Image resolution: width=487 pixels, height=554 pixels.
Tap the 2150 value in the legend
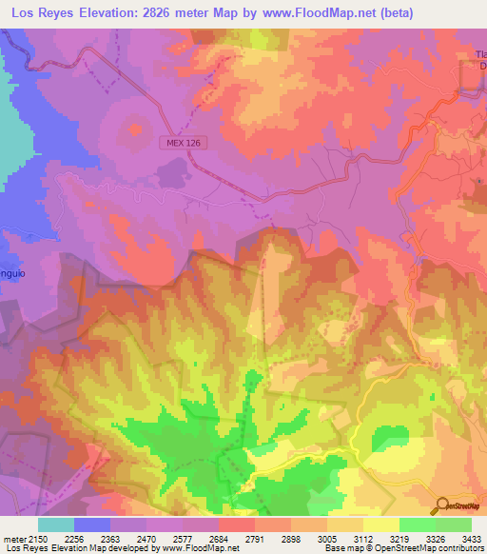click(x=29, y=538)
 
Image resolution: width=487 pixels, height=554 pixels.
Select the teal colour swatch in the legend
click(x=56, y=524)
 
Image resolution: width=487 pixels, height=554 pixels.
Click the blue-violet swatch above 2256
click(x=92, y=524)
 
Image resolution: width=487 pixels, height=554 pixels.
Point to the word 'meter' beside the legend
click(x=10, y=538)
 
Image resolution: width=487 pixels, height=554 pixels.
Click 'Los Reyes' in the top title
click(x=40, y=11)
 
